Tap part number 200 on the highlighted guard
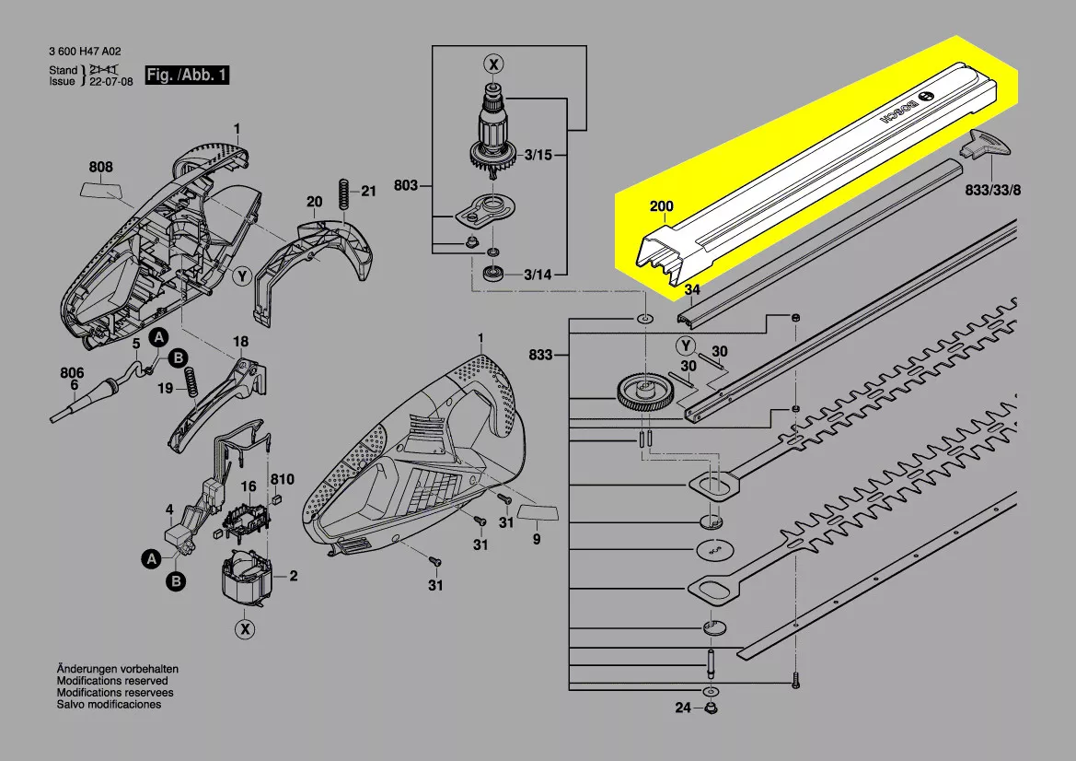click(661, 206)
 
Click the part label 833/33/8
click(993, 190)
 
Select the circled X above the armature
click(495, 64)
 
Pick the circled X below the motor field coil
click(244, 629)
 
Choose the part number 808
click(100, 167)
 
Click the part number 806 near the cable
click(72, 373)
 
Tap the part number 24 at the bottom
click(681, 708)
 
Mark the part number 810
click(283, 479)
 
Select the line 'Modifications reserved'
click(114, 680)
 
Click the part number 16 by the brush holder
click(249, 486)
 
